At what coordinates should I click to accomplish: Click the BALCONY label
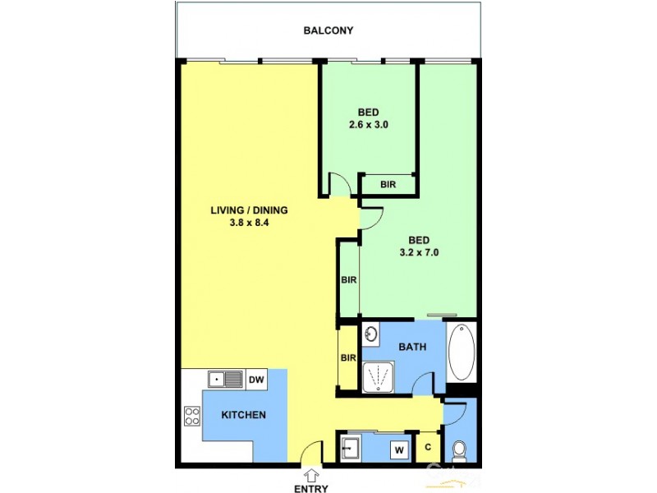[x=328, y=31]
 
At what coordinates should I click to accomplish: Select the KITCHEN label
[x=244, y=415]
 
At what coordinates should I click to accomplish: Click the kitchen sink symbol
[x=225, y=379]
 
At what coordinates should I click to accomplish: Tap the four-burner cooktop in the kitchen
[x=192, y=416]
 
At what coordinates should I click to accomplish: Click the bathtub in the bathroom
[x=462, y=352]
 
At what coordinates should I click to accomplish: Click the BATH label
[x=412, y=348]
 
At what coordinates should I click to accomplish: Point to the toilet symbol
[x=460, y=450]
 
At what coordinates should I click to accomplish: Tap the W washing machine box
[x=400, y=449]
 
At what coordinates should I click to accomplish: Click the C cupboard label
[x=428, y=449]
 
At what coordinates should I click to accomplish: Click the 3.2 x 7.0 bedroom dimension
[x=420, y=253]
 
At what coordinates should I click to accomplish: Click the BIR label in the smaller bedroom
[x=388, y=185]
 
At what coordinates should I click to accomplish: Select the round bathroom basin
[x=372, y=334]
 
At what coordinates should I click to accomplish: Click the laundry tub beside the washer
[x=351, y=449]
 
